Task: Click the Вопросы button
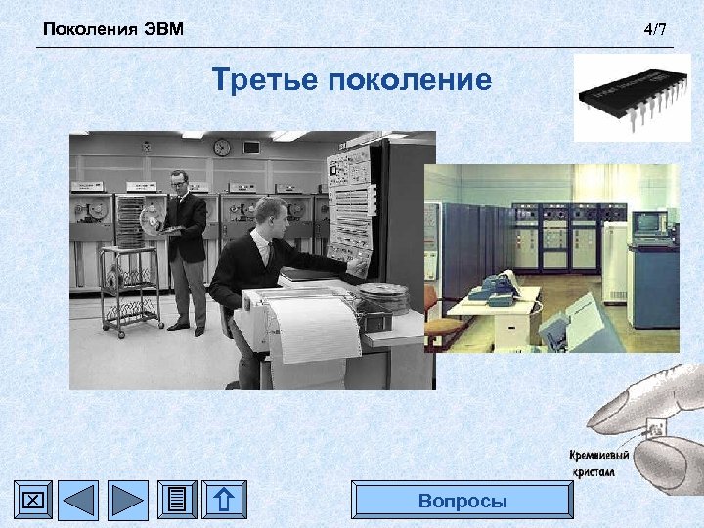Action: click(x=462, y=501)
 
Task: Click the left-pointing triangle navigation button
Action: click(x=79, y=501)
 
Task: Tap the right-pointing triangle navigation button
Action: click(x=127, y=501)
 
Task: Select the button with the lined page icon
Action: click(x=176, y=501)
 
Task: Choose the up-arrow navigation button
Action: click(x=223, y=501)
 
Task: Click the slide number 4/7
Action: click(x=655, y=30)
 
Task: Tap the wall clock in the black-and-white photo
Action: click(x=222, y=148)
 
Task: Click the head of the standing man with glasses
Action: click(x=180, y=181)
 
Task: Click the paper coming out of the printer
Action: click(x=310, y=337)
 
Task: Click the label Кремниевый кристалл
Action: click(x=598, y=462)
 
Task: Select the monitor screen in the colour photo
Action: click(x=649, y=222)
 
